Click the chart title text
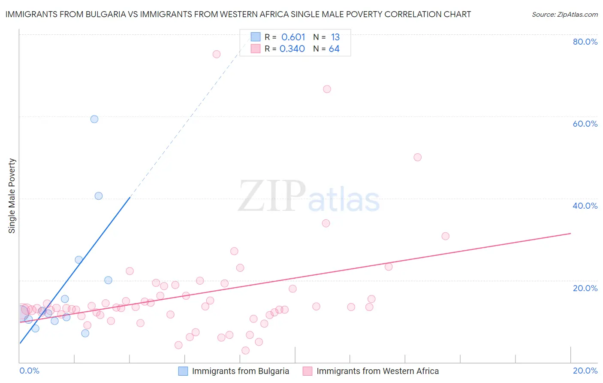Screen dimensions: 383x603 click(238, 14)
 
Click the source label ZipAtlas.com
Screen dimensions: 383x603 click(564, 14)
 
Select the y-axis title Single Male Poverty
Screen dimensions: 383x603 click(12, 196)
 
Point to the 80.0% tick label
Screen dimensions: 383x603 click(585, 42)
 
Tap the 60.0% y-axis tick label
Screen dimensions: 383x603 click(585, 124)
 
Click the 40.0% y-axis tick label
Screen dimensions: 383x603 click(585, 206)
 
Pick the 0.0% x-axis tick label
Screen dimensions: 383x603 click(29, 371)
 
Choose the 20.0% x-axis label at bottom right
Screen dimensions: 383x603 click(585, 371)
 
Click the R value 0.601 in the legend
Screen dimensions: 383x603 click(293, 37)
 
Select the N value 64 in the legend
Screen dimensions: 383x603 click(334, 49)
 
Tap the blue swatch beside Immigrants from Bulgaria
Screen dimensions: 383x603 click(183, 371)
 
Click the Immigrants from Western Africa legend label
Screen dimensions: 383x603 click(377, 371)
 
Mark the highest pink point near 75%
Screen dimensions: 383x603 click(217, 54)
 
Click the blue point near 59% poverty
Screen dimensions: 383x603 click(94, 119)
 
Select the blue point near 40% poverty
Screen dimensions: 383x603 click(99, 196)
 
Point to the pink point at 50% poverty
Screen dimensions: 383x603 click(418, 157)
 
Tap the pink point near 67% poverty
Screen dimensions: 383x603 click(327, 89)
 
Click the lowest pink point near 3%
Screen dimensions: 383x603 click(245, 350)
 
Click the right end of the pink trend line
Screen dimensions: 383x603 click(570, 233)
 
